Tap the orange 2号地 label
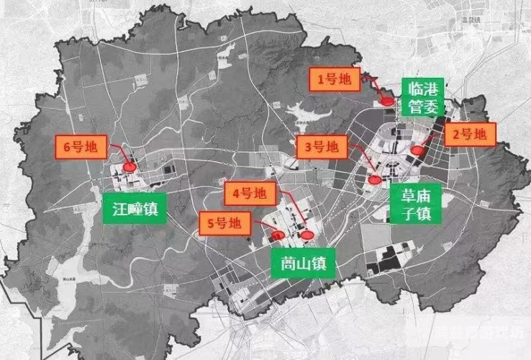pyautogui.click(x=469, y=134)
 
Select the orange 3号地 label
pyautogui.click(x=321, y=148)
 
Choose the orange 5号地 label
pyautogui.click(x=224, y=223)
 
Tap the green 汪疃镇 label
pyautogui.click(x=135, y=209)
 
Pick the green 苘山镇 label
pyautogui.click(x=301, y=264)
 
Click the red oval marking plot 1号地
pyautogui.click(x=387, y=101)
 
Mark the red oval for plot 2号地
pyautogui.click(x=418, y=150)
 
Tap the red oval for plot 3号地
pyautogui.click(x=374, y=180)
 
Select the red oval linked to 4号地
pyautogui.click(x=308, y=234)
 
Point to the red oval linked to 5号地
pyautogui.click(x=278, y=235)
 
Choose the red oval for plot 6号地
pyautogui.click(x=130, y=166)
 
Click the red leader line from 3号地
pyautogui.click(x=360, y=163)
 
